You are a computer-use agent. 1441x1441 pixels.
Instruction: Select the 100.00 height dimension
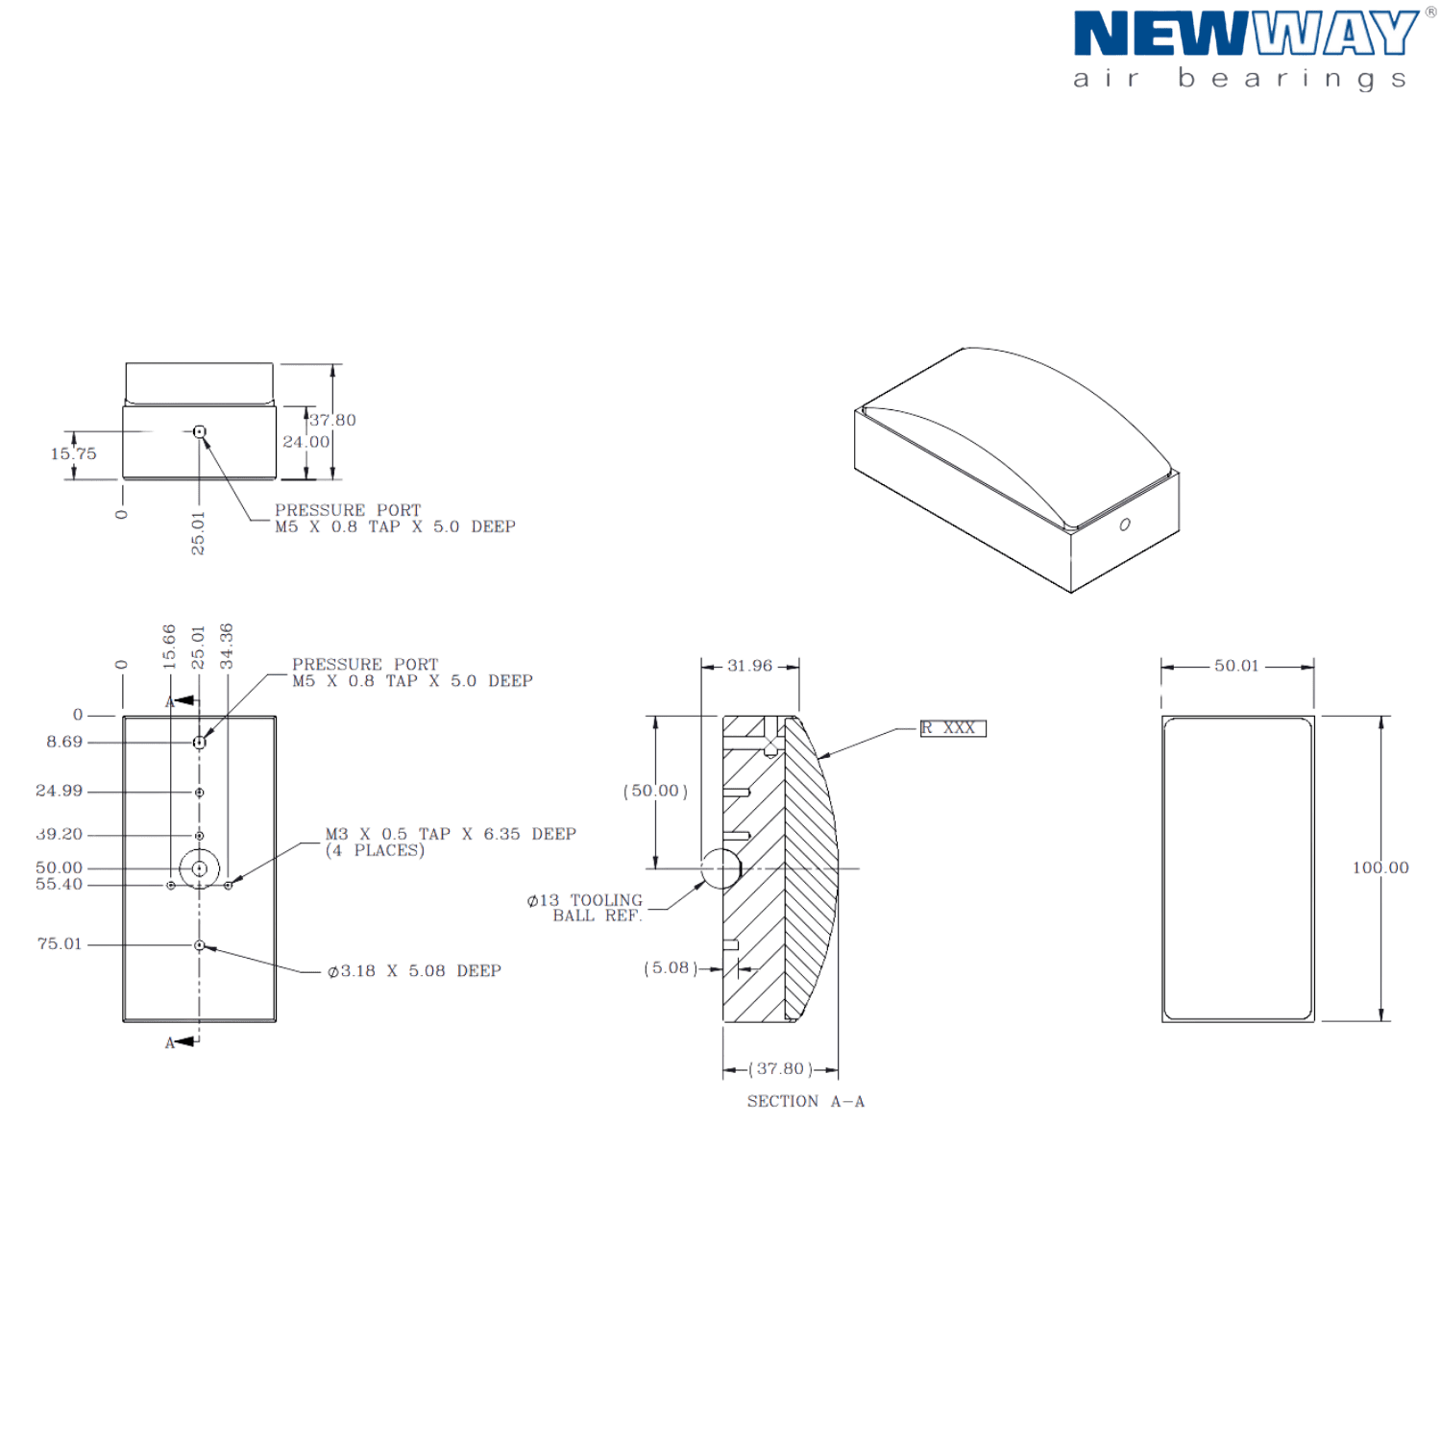(x=1380, y=867)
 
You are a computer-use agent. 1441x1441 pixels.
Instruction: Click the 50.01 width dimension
(x=1236, y=666)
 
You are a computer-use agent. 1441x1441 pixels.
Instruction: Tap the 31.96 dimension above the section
(x=749, y=666)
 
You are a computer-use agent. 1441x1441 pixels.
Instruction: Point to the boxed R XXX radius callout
(x=953, y=728)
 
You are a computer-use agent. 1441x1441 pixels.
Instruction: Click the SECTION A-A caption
(x=806, y=1101)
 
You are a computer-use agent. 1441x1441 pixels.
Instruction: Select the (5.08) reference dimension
(x=671, y=968)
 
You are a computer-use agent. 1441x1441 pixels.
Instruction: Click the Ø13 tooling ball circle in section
(x=720, y=868)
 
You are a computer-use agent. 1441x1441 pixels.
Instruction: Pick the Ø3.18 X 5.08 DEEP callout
(x=414, y=971)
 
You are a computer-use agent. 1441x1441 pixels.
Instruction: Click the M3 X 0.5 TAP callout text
(x=451, y=834)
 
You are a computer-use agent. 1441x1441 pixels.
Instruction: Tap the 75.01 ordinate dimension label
(x=60, y=944)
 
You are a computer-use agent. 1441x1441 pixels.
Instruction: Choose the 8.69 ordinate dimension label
(x=64, y=742)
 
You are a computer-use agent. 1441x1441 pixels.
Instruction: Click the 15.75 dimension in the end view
(x=73, y=453)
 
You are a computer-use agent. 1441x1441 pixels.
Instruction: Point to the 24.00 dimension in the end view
(x=305, y=442)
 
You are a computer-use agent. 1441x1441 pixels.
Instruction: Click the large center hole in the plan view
(x=199, y=868)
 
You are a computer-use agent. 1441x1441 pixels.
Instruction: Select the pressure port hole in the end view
(x=199, y=432)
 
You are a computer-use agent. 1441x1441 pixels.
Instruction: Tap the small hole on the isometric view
(x=1125, y=525)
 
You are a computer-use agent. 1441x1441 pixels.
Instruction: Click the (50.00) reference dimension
(x=656, y=791)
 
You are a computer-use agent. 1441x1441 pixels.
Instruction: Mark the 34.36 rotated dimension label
(x=227, y=646)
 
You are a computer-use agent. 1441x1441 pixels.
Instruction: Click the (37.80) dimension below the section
(x=780, y=1069)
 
